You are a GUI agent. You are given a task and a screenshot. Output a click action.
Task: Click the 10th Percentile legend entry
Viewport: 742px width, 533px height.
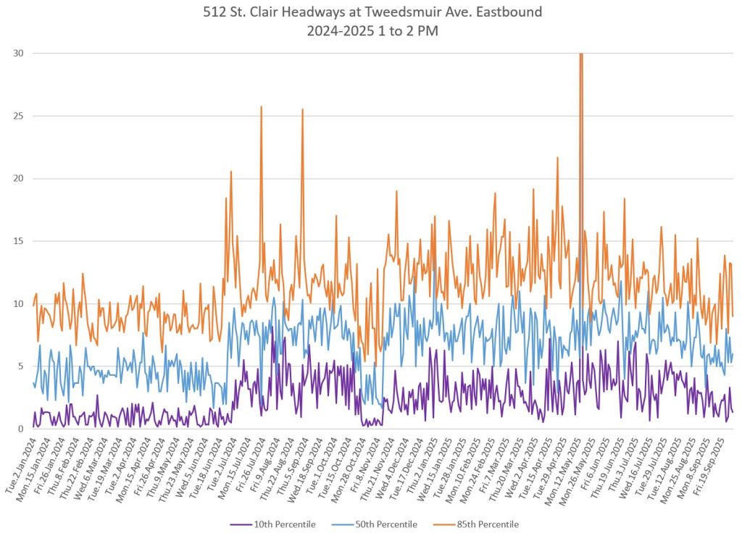click(280, 524)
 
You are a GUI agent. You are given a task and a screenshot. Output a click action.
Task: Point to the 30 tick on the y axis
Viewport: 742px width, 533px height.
click(17, 53)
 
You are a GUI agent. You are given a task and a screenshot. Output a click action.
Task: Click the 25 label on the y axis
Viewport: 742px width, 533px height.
click(17, 116)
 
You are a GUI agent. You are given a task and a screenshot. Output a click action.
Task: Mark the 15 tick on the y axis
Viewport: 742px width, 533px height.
click(17, 241)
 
